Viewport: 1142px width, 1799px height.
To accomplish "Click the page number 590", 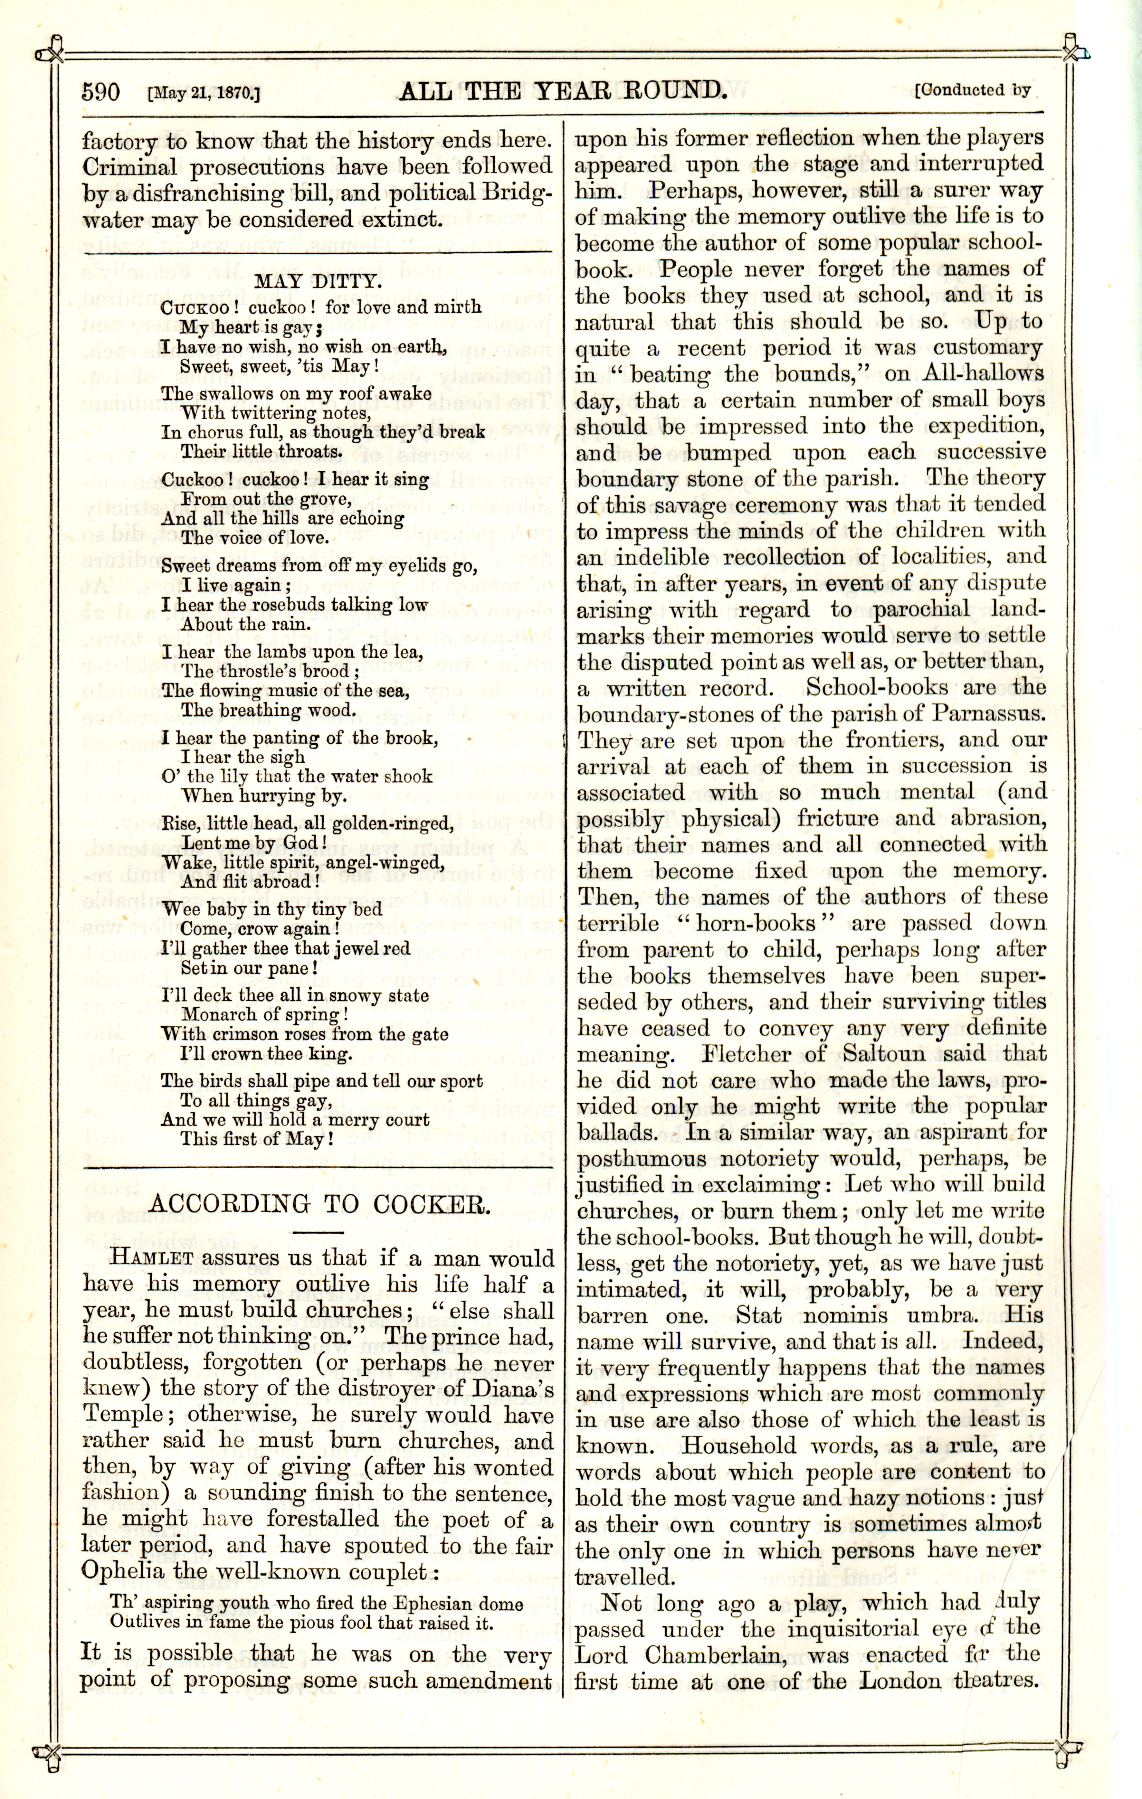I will tap(101, 93).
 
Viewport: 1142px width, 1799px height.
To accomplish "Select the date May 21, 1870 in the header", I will tap(204, 94).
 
